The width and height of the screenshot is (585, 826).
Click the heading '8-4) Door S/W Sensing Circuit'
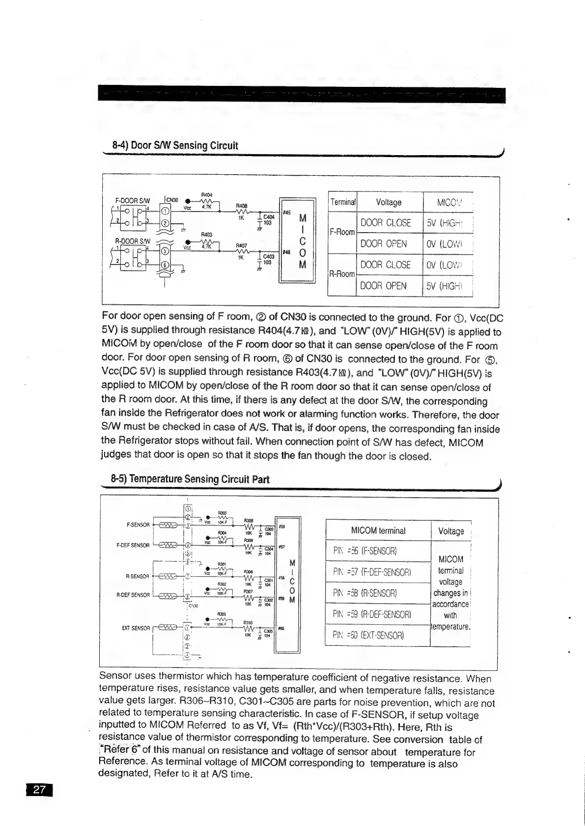coord(175,145)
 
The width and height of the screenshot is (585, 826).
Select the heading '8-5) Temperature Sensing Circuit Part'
coord(190,479)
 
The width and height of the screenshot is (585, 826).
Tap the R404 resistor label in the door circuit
coord(206,195)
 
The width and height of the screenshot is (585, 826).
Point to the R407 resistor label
coord(242,245)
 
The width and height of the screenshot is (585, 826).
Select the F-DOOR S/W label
coord(132,200)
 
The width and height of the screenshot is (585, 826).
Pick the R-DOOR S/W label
coord(132,241)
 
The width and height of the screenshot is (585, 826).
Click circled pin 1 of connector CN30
coord(166,211)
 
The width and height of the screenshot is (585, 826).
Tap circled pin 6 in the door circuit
coord(166,266)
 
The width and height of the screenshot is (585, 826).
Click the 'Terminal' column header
coord(343,202)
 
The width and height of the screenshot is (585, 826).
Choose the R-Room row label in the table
coord(342,274)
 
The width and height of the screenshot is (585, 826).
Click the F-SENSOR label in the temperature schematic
coord(138,525)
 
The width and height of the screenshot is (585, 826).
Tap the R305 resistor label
coord(222,614)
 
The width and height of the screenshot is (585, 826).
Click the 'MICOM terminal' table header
coord(378,531)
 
